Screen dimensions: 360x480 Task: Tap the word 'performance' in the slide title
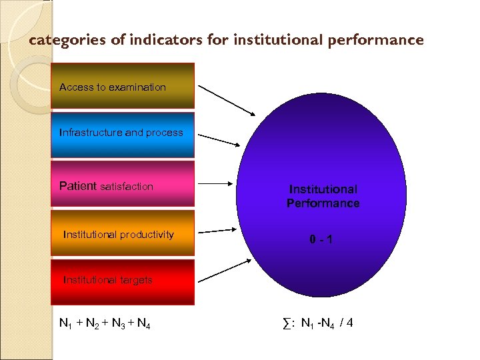pyautogui.click(x=375, y=40)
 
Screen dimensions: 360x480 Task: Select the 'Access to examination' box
pyautogui.click(x=123, y=85)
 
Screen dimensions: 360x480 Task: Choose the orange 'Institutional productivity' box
pyautogui.click(x=123, y=233)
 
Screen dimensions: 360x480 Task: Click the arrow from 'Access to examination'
pyautogui.click(x=227, y=99)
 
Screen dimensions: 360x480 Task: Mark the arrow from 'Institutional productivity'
pyautogui.click(x=217, y=231)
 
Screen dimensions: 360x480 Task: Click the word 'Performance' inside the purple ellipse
pyautogui.click(x=323, y=203)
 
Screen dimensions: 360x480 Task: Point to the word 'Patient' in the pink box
pyautogui.click(x=78, y=187)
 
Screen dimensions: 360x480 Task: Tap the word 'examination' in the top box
pyautogui.click(x=139, y=87)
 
